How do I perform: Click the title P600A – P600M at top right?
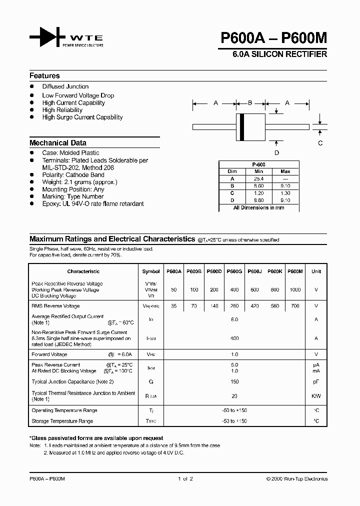(x=273, y=38)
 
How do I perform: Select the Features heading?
(x=44, y=76)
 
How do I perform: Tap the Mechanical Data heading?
(x=58, y=142)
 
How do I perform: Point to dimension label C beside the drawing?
(x=320, y=143)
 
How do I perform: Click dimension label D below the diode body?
(x=276, y=153)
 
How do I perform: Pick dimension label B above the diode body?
(x=250, y=103)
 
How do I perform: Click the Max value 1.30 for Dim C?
(x=285, y=192)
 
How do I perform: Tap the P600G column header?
(x=234, y=271)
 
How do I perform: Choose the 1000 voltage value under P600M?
(x=296, y=290)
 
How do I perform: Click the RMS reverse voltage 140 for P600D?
(x=214, y=306)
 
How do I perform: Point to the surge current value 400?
(x=234, y=338)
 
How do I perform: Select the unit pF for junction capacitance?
(x=316, y=381)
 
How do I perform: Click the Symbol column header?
(x=151, y=271)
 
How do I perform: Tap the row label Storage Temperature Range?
(x=62, y=421)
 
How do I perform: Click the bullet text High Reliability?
(x=62, y=110)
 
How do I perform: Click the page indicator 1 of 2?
(x=185, y=479)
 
